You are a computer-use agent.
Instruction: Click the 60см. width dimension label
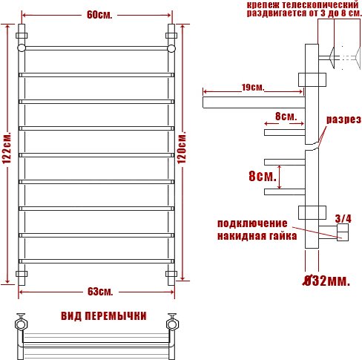point(99,15)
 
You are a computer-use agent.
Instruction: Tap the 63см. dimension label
point(100,292)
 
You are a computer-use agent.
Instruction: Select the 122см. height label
point(7,148)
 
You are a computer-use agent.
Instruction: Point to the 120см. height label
point(182,148)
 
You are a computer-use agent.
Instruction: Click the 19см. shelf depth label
point(253,88)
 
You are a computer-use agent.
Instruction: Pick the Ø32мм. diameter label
point(326,281)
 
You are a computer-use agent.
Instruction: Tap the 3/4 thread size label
point(343,218)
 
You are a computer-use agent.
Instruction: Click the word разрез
point(343,120)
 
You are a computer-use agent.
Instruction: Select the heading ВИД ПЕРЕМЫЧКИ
point(104,316)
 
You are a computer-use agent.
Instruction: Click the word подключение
point(252,223)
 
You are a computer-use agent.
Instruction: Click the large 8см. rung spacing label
point(263,176)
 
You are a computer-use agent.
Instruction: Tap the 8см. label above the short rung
point(286,117)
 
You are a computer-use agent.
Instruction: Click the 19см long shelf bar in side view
point(254,102)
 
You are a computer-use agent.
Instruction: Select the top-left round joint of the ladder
point(22,48)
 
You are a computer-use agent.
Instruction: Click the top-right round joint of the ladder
point(171,48)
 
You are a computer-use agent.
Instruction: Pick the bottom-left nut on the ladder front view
point(22,274)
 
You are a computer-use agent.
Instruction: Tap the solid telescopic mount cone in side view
point(332,58)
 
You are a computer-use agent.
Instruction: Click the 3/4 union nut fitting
point(343,232)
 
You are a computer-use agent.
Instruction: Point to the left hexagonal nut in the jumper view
point(21,324)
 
